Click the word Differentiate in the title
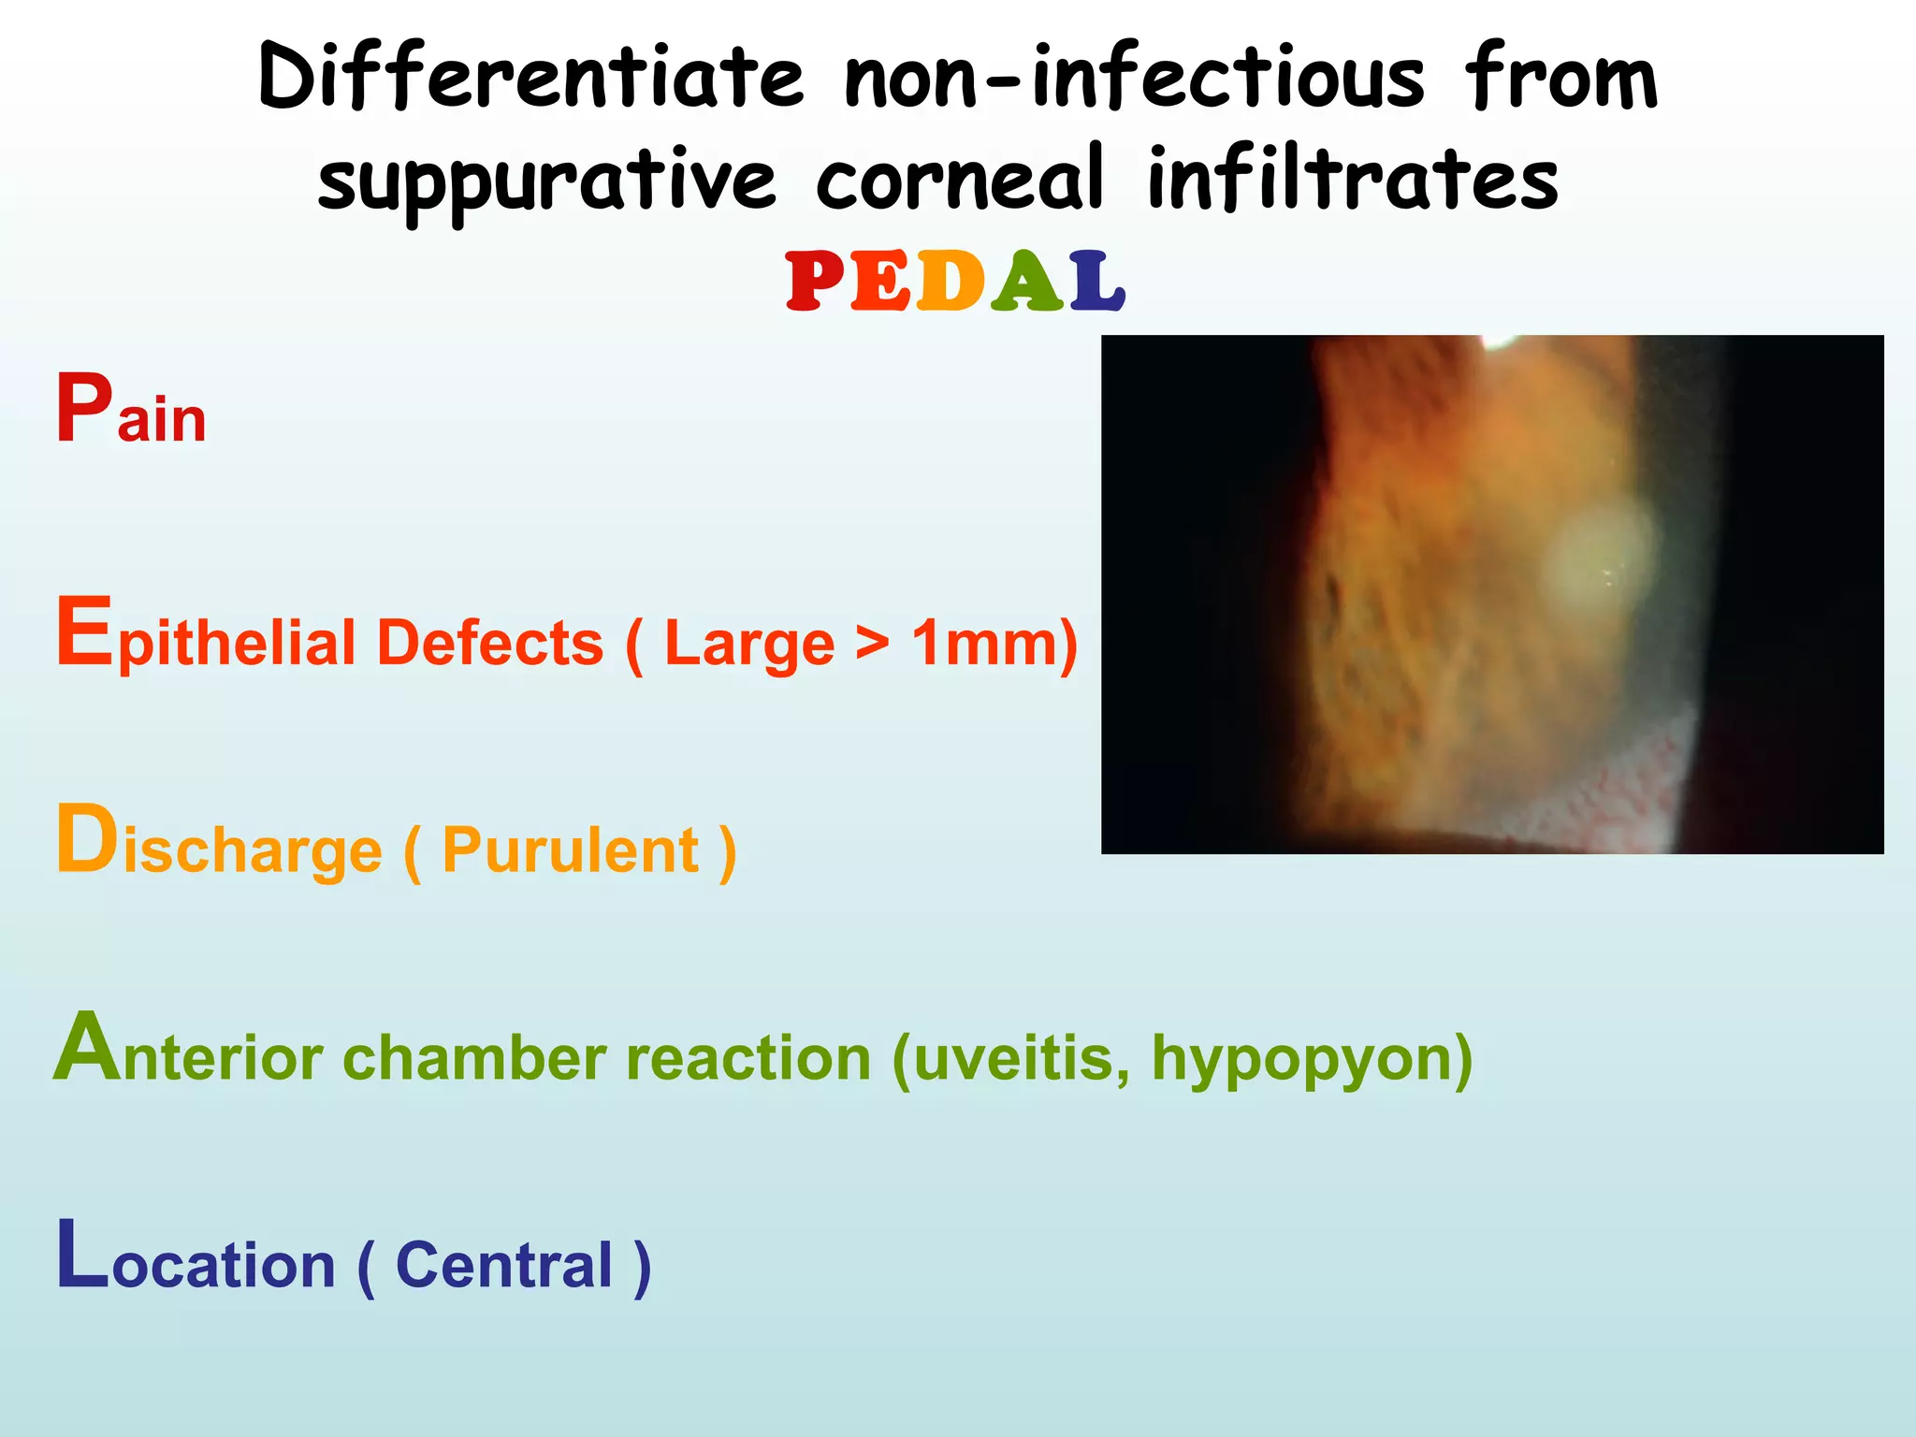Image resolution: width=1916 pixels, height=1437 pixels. (530, 77)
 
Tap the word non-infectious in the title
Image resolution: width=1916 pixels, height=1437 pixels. (1134, 77)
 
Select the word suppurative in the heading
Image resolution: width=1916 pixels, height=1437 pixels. (547, 181)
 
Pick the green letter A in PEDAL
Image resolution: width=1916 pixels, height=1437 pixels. (1027, 282)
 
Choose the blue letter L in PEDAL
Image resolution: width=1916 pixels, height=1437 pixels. (1096, 282)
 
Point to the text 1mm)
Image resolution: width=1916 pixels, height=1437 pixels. (994, 644)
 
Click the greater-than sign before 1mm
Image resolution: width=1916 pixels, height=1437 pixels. (872, 644)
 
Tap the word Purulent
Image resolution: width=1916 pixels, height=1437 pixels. (571, 850)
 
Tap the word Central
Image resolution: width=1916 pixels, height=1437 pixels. (504, 1265)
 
